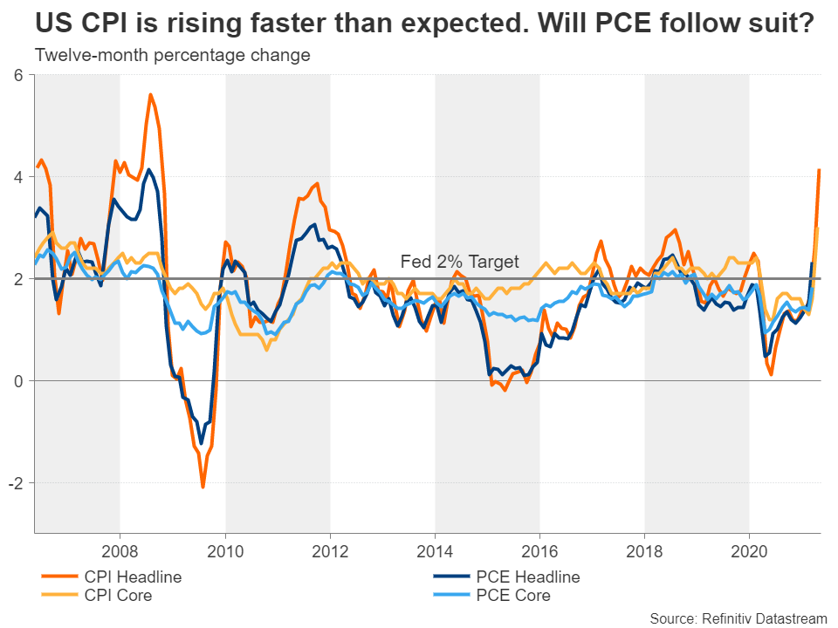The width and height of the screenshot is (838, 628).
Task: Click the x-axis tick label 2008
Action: point(120,551)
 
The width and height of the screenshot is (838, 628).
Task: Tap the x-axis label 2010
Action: point(225,551)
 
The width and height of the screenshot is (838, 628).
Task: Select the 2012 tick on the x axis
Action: point(330,551)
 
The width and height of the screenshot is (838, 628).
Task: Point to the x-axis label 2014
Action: point(435,551)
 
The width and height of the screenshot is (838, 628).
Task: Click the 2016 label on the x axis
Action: point(539,551)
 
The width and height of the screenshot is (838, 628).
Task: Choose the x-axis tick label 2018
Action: point(644,551)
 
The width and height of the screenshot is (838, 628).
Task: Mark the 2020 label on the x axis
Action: point(749,551)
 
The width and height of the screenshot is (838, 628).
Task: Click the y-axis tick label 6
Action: point(17,76)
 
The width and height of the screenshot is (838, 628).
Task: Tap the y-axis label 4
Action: point(17,177)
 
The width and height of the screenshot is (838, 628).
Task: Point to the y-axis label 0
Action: point(17,381)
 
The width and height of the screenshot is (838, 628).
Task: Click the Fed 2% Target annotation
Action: point(459,261)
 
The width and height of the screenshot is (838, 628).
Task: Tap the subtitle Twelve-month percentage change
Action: point(172,56)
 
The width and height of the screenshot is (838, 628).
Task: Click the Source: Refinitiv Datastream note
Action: point(738,618)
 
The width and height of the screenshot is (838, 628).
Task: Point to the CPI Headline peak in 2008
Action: point(151,94)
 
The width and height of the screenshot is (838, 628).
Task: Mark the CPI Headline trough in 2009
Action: point(203,487)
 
